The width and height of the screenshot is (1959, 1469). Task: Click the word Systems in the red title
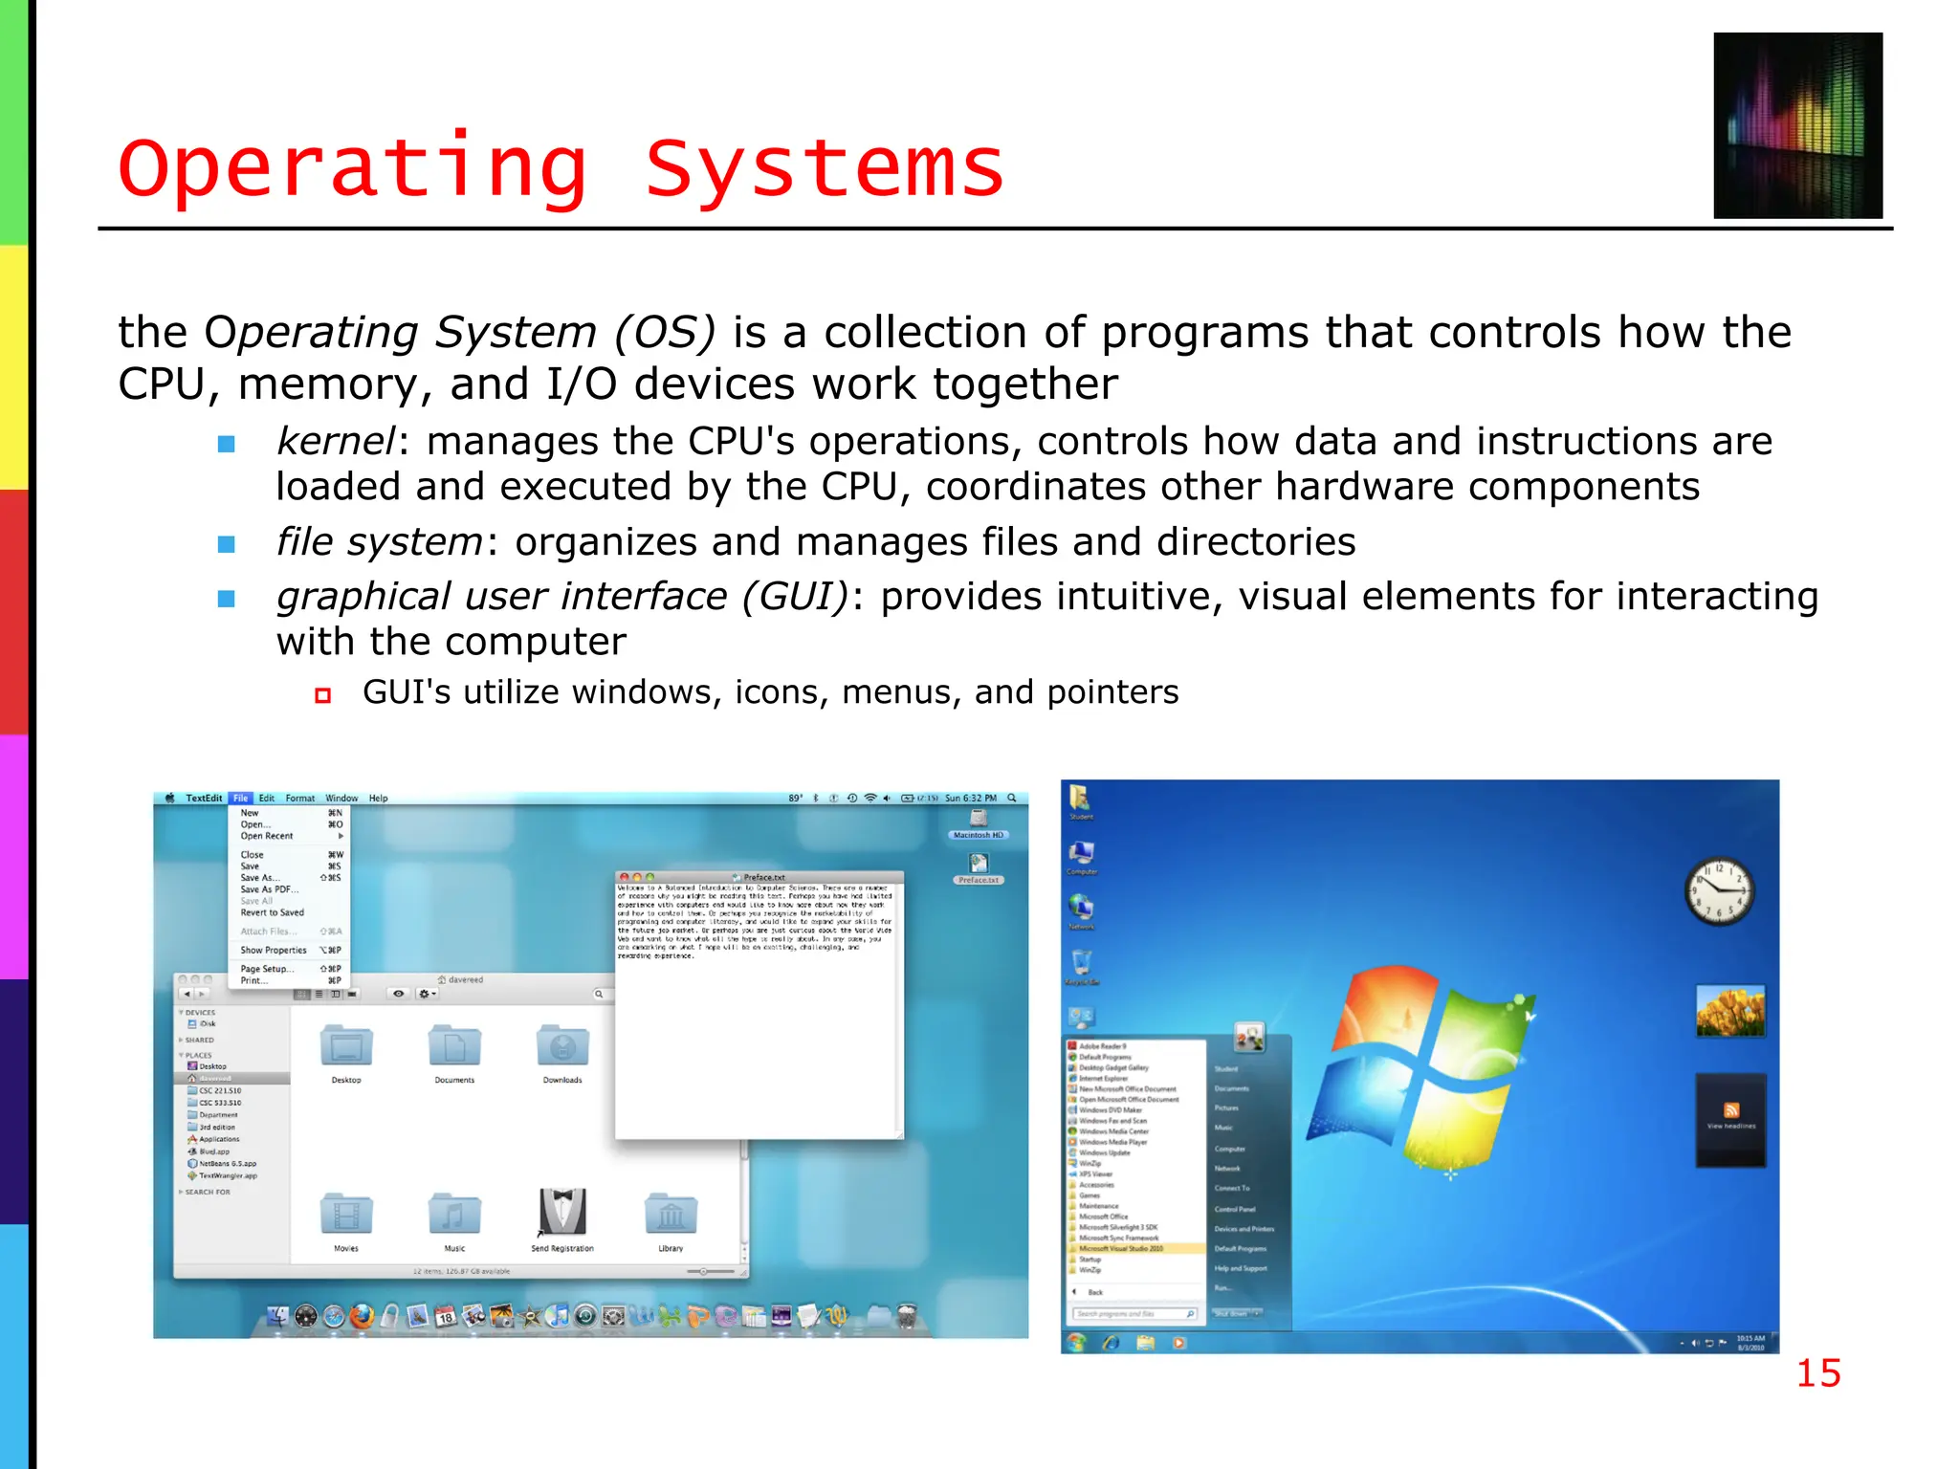(x=825, y=170)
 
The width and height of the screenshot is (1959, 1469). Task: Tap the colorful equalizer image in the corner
(x=1797, y=125)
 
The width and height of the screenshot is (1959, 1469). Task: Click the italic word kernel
(x=335, y=442)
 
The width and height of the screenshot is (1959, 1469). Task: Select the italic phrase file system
(x=379, y=542)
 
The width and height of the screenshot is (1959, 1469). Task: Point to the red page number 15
(x=1817, y=1373)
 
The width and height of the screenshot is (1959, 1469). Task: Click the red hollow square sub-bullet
(x=323, y=695)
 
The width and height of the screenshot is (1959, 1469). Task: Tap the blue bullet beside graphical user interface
(x=227, y=599)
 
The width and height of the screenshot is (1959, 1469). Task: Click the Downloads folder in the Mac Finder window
(x=562, y=1047)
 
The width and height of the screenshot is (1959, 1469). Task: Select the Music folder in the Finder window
(x=454, y=1215)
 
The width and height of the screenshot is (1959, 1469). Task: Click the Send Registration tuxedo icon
(x=562, y=1213)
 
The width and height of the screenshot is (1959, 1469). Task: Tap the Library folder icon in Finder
(x=671, y=1215)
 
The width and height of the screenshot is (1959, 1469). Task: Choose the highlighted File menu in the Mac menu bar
(x=240, y=798)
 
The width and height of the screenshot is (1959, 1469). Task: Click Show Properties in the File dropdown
(x=274, y=950)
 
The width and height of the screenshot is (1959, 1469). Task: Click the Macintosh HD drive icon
(x=978, y=821)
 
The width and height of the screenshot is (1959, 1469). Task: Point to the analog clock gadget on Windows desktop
(x=1719, y=891)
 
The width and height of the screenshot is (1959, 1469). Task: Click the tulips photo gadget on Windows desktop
(x=1730, y=1012)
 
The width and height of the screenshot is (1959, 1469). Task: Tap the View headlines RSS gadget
(x=1730, y=1117)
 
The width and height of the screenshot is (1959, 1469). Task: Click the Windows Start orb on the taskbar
(x=1077, y=1343)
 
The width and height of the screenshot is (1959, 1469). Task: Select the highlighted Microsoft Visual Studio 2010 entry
(x=1121, y=1248)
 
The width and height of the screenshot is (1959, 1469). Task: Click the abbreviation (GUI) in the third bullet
(x=795, y=597)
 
